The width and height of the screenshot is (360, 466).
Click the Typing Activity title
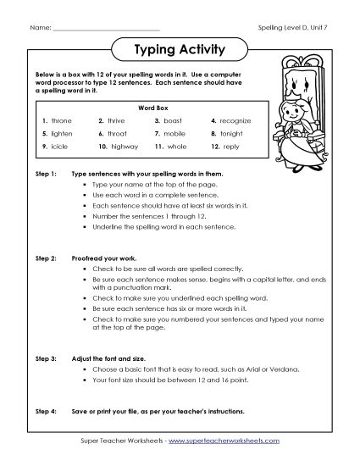180,50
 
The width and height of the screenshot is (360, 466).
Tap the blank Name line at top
105,28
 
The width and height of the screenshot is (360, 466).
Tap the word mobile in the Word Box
175,134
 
